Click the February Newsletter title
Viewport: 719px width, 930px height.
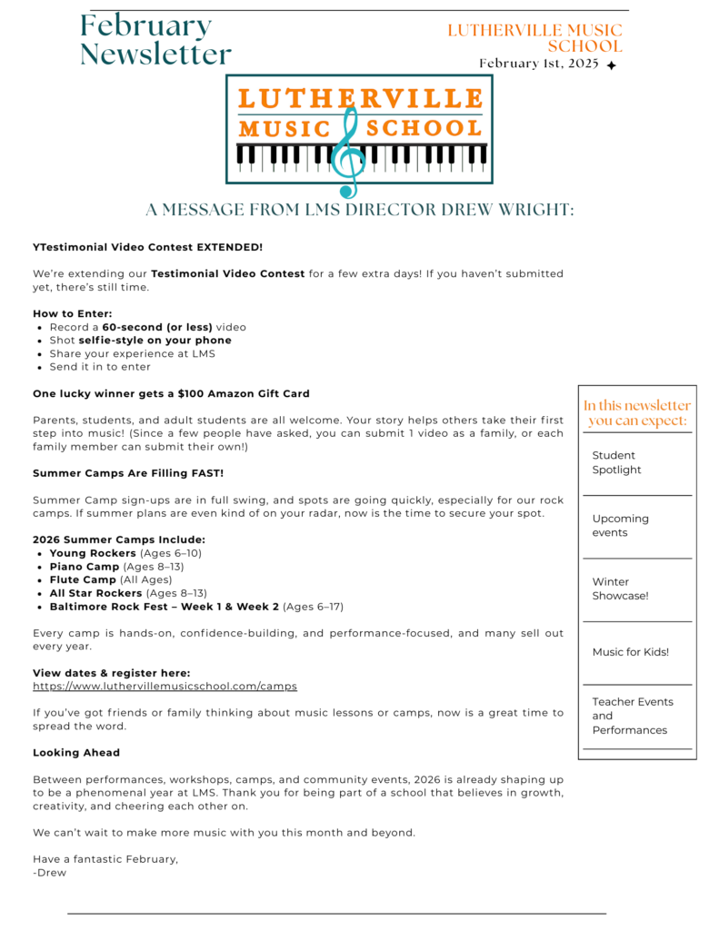point(155,40)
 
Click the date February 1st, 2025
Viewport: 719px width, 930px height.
point(539,64)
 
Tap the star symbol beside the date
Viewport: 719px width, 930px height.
point(612,65)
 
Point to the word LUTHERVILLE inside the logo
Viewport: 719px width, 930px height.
point(360,98)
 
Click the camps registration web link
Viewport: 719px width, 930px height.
point(165,687)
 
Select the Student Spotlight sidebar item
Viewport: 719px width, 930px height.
point(616,462)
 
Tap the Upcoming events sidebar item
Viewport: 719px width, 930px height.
point(620,525)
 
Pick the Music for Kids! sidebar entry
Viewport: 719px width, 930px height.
point(630,652)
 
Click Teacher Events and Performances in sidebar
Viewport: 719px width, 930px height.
point(632,716)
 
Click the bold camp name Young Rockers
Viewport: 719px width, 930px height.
point(93,553)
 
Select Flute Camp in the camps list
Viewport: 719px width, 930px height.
point(83,579)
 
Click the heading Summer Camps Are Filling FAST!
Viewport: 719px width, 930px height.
point(128,473)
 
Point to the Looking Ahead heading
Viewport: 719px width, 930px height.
point(76,753)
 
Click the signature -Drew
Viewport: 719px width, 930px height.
point(49,873)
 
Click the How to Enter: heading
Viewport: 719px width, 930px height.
point(73,313)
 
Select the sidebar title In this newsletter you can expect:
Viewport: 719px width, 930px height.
point(636,412)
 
